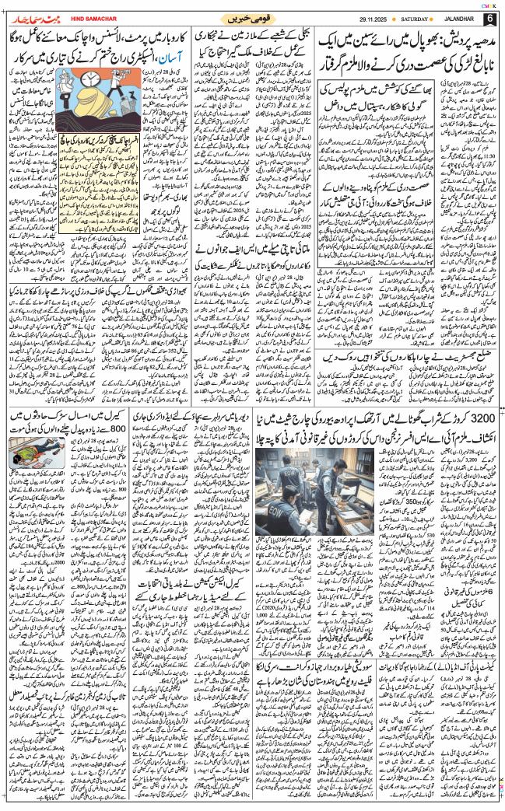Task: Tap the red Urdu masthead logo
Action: pyautogui.click(x=32, y=16)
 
